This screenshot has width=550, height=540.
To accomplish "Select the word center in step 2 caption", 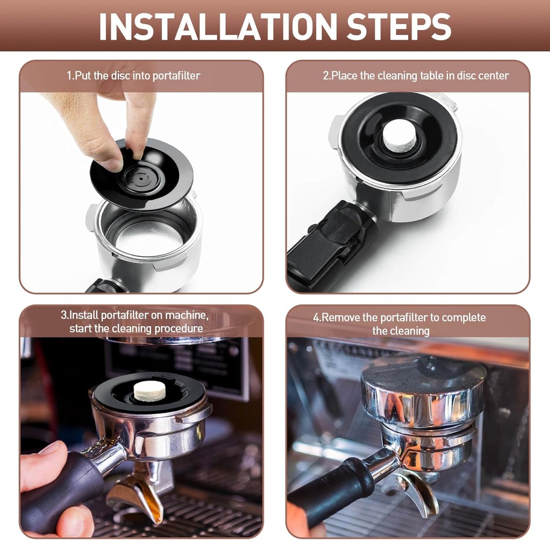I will (x=493, y=76).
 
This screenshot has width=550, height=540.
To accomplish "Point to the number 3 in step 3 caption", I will (x=64, y=315).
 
